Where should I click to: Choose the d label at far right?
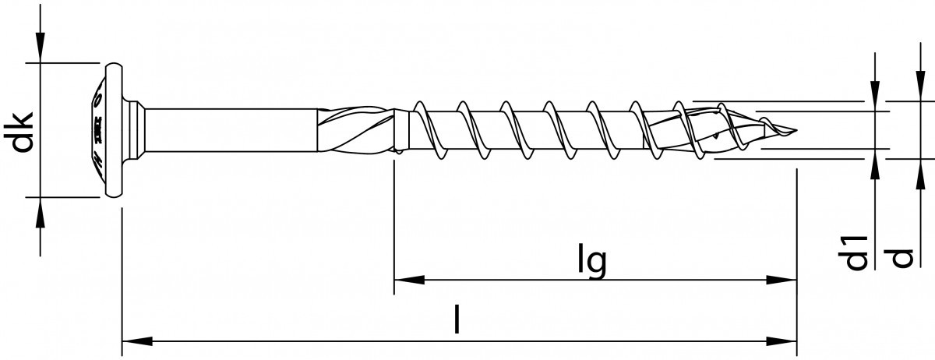click(901, 257)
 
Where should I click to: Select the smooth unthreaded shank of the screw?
click(234, 130)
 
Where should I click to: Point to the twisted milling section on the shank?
click(355, 130)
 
